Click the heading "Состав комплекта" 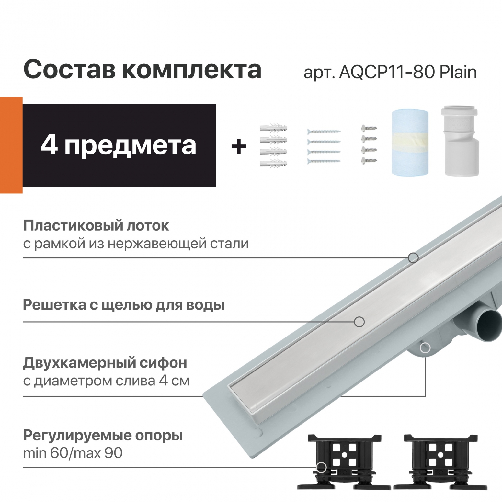142,69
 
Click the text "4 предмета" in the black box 119,145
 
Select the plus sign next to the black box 239,147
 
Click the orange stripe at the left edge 11,145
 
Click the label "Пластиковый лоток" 96,226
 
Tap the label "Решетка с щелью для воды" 124,305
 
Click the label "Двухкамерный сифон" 105,363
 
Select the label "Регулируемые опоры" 103,436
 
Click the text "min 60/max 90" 73,453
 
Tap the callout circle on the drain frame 413,258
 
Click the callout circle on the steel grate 359,322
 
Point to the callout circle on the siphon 425,348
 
